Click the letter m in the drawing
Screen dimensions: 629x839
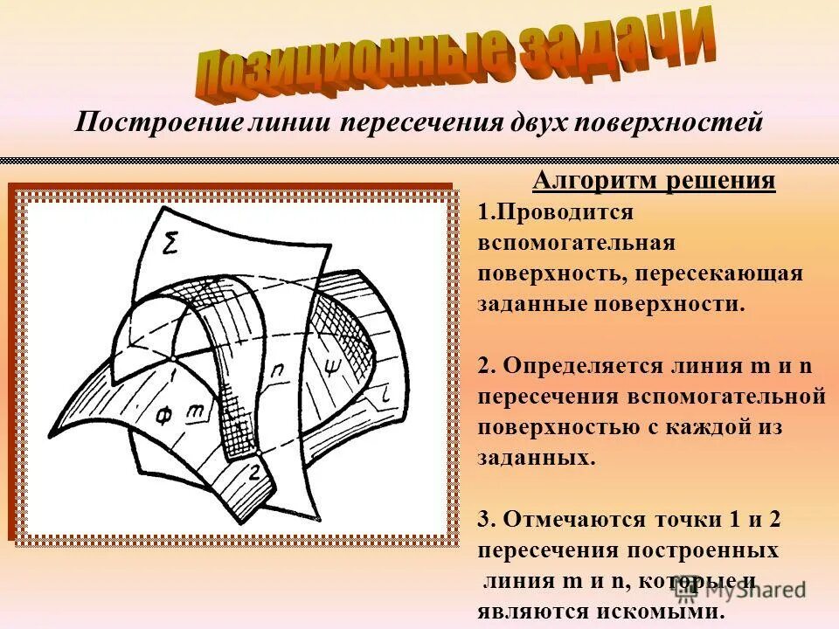198,408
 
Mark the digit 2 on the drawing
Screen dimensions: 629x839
254,473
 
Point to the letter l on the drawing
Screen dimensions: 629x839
385,398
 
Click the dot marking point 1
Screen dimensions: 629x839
174,358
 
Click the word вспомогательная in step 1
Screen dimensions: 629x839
577,243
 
